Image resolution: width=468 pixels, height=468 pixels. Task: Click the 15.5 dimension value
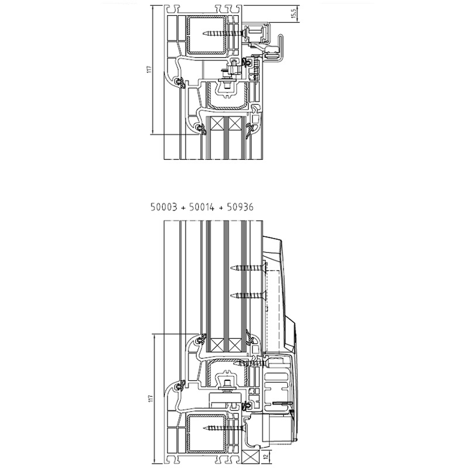pos(293,14)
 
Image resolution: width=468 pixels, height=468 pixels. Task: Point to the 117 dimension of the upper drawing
pos(150,69)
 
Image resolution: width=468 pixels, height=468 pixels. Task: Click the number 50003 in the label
pos(164,207)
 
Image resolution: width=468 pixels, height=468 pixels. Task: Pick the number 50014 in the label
pos(202,207)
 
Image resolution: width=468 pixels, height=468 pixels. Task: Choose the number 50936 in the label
pos(240,207)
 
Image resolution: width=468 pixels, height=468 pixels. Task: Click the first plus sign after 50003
pos(183,208)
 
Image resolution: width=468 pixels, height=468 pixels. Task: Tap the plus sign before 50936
pos(221,208)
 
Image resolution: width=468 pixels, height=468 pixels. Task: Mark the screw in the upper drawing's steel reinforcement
pos(223,34)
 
